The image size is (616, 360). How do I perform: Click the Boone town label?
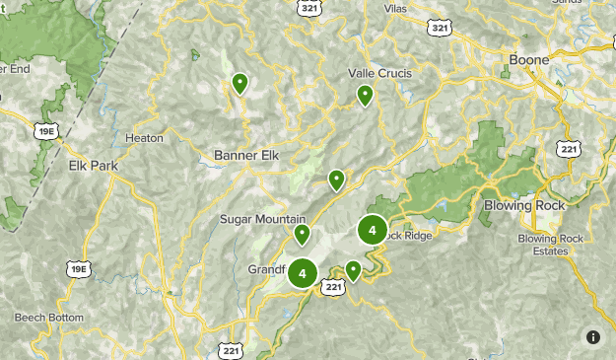(x=528, y=60)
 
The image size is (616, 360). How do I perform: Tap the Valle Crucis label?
(x=379, y=73)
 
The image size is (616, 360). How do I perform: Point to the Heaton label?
(x=145, y=139)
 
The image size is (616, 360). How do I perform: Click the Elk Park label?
(x=93, y=165)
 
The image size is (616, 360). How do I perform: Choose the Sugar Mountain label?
(x=263, y=218)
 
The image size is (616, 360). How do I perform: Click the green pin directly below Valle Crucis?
(x=365, y=95)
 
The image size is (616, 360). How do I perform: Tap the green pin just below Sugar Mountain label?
(x=303, y=234)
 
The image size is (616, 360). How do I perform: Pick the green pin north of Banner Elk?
(x=239, y=83)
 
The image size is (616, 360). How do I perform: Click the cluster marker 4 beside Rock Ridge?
(x=372, y=232)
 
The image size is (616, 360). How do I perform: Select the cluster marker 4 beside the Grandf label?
(x=303, y=273)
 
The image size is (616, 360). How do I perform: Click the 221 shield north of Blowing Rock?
(x=568, y=149)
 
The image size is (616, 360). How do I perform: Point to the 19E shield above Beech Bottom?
(x=77, y=268)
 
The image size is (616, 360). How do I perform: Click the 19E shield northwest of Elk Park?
(x=43, y=128)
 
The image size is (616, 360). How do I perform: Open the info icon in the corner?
(x=593, y=337)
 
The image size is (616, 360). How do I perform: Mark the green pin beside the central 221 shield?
(x=353, y=269)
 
